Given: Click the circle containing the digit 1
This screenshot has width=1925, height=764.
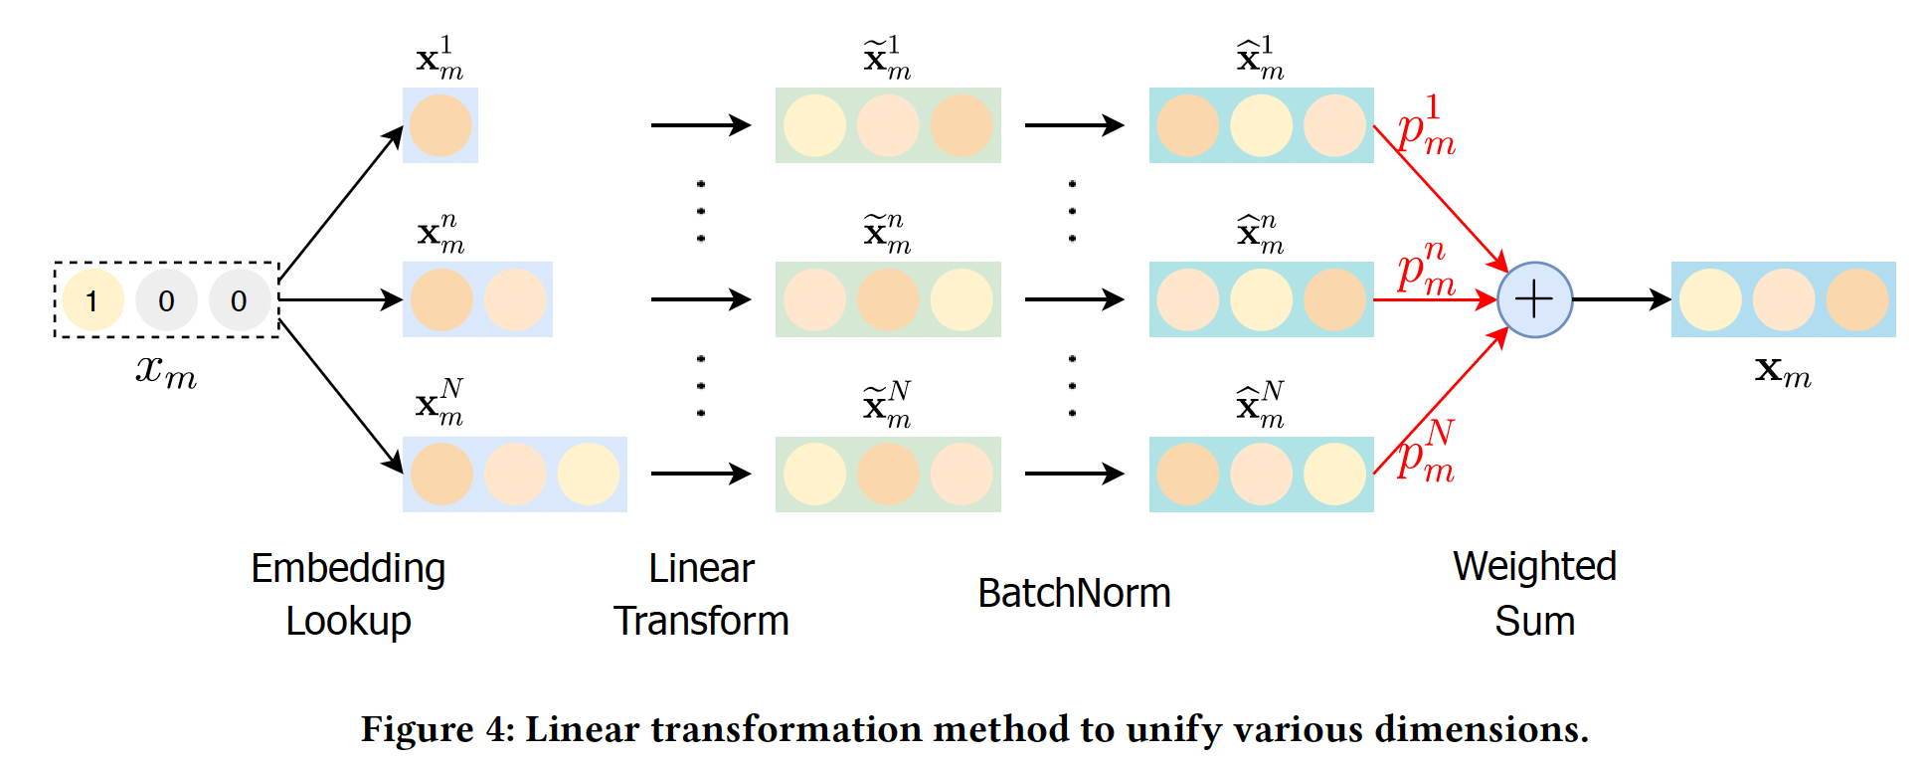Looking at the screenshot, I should (x=92, y=300).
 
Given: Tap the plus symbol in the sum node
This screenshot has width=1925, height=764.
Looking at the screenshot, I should (x=1534, y=299).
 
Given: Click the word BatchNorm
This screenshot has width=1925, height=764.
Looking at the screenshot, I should (x=1074, y=594).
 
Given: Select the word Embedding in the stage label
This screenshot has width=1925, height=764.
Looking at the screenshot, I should (x=348, y=569).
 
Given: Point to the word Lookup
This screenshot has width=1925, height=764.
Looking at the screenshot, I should (x=348, y=622).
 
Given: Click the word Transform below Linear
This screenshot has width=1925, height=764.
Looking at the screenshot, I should (x=701, y=622).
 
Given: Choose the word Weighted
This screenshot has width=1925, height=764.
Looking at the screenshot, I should (x=1534, y=567).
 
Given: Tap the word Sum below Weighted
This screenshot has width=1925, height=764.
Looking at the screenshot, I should (x=1534, y=622).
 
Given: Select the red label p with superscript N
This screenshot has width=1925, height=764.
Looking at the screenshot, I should (x=1426, y=454).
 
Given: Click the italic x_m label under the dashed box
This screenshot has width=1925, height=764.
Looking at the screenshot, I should (x=166, y=371).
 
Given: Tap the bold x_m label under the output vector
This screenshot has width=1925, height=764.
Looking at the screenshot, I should (x=1783, y=371).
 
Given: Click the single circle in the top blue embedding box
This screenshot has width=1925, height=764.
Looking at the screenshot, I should (x=440, y=125).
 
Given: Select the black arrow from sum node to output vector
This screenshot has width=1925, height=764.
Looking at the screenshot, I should (x=1621, y=299).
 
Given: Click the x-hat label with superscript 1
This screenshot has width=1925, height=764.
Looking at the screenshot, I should (x=1260, y=58).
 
